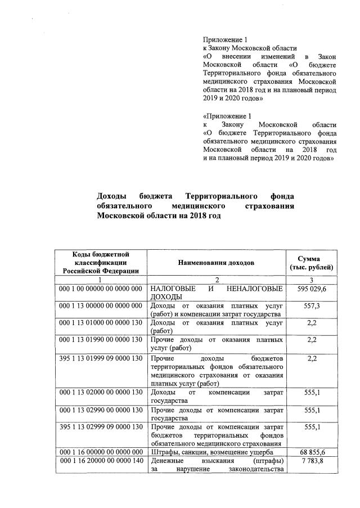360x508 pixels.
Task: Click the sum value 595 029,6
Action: [311, 289]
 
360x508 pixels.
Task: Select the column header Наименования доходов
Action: [216, 262]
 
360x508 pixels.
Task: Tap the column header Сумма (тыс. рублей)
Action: [311, 262]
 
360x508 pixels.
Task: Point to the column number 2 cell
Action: [216, 280]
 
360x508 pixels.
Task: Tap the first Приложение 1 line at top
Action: [225, 39]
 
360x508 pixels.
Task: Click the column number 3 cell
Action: [311, 280]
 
